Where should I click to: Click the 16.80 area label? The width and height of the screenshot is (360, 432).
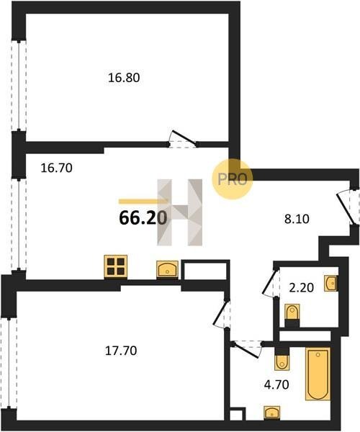point(124,78)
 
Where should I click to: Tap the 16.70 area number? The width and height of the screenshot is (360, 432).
point(56,168)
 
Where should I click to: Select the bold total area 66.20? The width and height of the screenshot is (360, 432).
point(143,218)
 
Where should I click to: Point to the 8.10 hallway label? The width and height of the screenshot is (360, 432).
point(297,220)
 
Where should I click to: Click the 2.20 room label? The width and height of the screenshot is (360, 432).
point(302,288)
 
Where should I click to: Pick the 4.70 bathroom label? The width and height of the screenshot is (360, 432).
point(276,384)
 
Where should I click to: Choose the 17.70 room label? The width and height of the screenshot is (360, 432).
point(121,351)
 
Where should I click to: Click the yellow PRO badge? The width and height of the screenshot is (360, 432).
point(232,179)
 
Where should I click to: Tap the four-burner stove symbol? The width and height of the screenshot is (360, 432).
point(116,266)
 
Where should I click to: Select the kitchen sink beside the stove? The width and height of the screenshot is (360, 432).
point(167,269)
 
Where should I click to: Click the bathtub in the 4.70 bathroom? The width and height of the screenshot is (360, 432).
point(318,374)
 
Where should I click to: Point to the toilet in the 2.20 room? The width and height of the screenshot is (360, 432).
point(292,315)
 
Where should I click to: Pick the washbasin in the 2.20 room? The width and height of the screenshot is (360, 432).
point(330,283)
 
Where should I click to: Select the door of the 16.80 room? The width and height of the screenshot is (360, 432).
point(183,139)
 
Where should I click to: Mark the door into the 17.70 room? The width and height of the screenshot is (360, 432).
point(222,313)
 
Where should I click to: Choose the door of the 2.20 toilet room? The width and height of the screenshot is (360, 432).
point(271,281)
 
